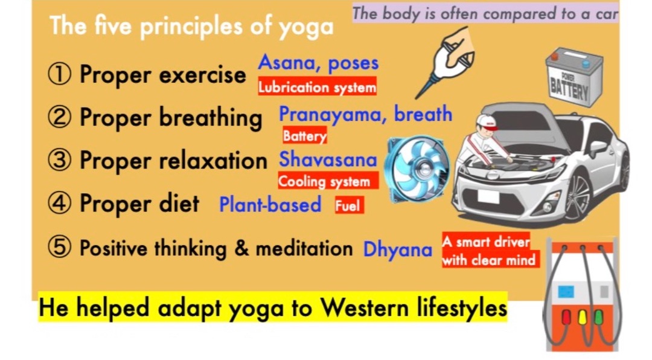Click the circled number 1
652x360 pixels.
pyautogui.click(x=59, y=75)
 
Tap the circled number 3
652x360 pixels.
pyautogui.click(x=59, y=161)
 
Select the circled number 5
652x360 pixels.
pyautogui.click(x=59, y=248)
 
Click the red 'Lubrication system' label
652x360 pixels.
pyautogui.click(x=318, y=86)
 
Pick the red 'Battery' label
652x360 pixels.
pyautogui.click(x=305, y=135)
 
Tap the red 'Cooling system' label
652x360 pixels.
pyautogui.click(x=328, y=181)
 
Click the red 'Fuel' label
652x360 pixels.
pyautogui.click(x=350, y=205)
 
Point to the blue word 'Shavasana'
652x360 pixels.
pyautogui.click(x=328, y=159)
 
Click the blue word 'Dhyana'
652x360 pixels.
pyautogui.click(x=397, y=249)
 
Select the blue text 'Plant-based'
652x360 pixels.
pyautogui.click(x=270, y=204)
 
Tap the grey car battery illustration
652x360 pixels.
pyautogui.click(x=574, y=76)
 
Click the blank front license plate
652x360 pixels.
pyautogui.click(x=488, y=196)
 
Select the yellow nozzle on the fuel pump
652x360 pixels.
pyautogui.click(x=582, y=318)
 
